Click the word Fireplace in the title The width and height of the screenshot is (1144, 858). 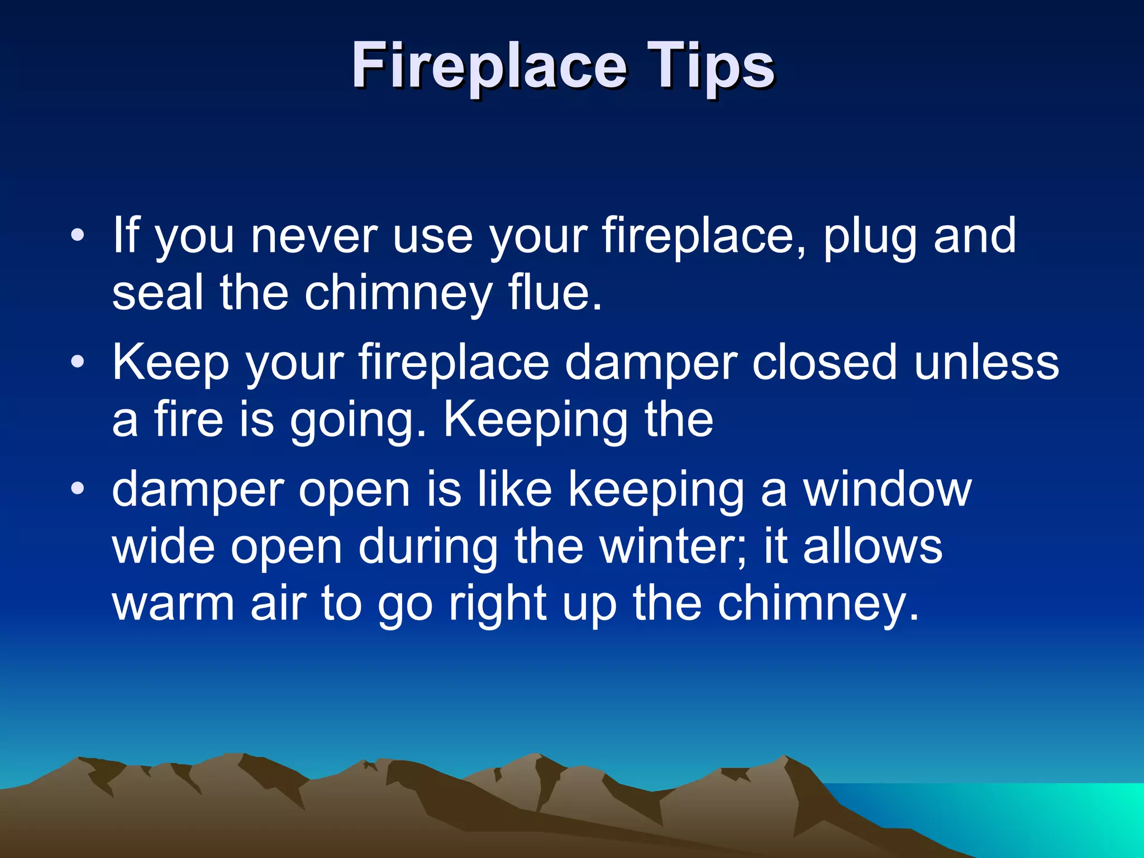coord(489,67)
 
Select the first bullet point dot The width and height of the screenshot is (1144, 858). coord(78,235)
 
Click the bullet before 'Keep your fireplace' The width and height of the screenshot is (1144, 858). coord(78,362)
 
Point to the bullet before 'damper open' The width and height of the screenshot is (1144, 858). coord(78,489)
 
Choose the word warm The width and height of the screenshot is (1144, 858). coord(174,604)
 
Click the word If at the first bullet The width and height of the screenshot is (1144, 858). coord(126,236)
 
